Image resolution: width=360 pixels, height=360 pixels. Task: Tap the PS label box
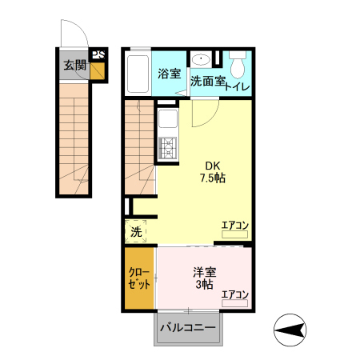98,55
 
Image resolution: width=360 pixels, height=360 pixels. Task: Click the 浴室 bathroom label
169,74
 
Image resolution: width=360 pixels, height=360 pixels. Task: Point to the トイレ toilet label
238,86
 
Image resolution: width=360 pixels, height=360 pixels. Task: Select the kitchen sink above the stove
168,121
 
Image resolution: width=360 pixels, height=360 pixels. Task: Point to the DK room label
212,165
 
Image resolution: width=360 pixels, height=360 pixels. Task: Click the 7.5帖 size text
212,178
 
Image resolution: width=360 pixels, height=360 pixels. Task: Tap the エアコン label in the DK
235,226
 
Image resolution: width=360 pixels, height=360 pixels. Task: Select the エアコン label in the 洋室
235,294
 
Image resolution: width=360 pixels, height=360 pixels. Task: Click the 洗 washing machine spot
137,232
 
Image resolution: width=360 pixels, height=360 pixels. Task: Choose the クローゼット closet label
139,278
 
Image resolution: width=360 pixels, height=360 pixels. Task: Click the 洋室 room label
204,271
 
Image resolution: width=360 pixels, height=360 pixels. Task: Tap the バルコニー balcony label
187,328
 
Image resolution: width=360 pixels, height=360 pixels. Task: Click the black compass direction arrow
292,328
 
